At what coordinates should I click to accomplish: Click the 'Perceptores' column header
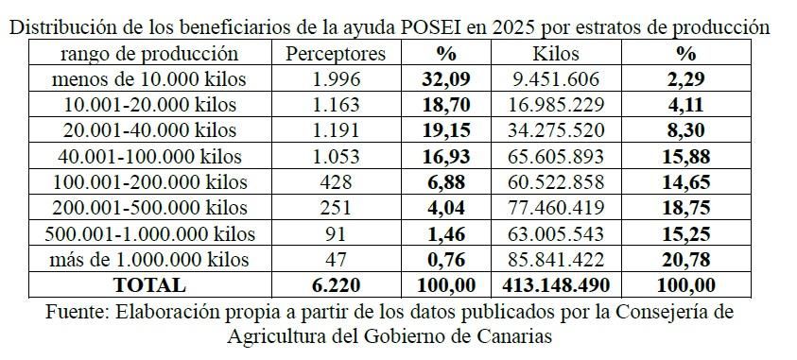point(335,54)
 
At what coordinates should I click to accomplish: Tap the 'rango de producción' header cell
point(149,54)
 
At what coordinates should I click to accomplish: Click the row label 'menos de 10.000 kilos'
point(149,79)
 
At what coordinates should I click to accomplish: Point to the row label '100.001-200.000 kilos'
point(149,181)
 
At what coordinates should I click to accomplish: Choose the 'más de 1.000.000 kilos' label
point(149,259)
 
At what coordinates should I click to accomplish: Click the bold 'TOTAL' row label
point(149,284)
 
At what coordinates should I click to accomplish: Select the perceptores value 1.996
point(335,79)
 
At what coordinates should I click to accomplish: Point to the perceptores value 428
point(335,181)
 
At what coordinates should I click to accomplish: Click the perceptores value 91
point(335,233)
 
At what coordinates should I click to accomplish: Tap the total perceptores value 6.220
point(335,284)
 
